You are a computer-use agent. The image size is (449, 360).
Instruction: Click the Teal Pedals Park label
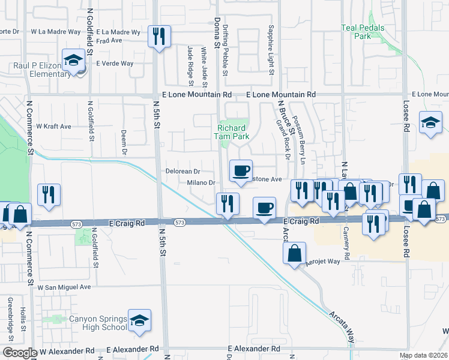364,32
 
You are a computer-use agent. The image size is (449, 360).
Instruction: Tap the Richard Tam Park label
231,132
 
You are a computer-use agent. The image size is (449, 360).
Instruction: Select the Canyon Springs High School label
97,323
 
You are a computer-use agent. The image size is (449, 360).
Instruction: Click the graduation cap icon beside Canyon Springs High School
139,320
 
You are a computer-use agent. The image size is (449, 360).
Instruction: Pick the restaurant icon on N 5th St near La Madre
159,36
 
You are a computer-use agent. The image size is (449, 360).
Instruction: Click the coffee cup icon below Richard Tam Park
241,171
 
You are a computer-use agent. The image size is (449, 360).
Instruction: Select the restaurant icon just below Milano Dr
227,203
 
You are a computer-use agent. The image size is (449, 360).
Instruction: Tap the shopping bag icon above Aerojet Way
295,253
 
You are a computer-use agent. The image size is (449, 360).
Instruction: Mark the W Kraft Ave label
53,127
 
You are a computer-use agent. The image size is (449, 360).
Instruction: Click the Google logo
19,353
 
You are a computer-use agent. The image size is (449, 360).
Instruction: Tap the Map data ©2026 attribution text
423,355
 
